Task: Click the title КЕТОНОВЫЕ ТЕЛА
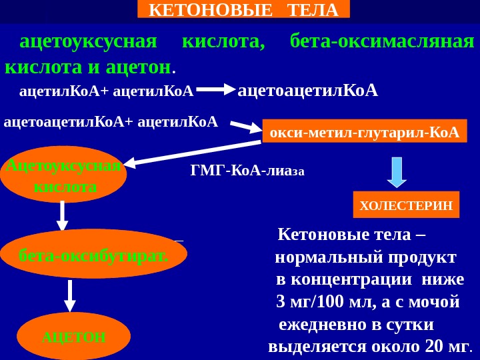pos(243,9)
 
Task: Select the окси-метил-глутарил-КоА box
pos(364,132)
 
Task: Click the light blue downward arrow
pos(397,171)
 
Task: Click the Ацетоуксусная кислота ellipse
pos(65,177)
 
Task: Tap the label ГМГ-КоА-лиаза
pos(247,171)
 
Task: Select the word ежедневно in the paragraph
pos(318,324)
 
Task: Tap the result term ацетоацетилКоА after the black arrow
pos(308,89)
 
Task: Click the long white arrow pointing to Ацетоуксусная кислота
pos(193,153)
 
